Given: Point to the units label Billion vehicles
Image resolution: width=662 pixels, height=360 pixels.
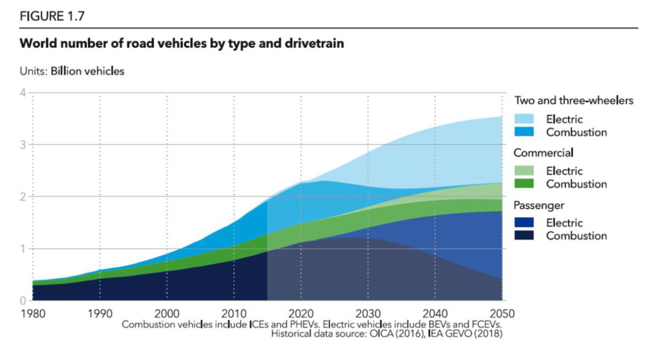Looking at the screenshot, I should tap(88, 71).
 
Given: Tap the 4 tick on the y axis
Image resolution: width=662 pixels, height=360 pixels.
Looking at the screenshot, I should tap(23, 93).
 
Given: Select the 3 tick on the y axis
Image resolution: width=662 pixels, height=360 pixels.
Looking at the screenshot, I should tap(23, 145).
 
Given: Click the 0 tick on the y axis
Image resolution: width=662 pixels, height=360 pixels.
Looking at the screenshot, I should tap(23, 301).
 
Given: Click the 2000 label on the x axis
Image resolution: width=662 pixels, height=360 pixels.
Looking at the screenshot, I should tap(166, 314).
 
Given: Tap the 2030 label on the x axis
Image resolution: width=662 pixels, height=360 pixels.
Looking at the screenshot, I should tap(368, 314).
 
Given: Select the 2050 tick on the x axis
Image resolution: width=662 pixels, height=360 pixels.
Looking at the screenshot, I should tap(502, 314).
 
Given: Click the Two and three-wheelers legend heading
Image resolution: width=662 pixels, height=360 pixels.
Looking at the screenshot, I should tap(573, 100).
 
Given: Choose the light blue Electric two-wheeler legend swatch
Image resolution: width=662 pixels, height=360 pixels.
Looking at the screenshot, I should tap(525, 119).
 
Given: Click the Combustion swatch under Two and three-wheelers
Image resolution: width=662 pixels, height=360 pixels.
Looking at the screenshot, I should tap(525, 132).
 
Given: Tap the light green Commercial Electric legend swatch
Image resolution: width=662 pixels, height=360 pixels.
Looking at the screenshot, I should tap(525, 171).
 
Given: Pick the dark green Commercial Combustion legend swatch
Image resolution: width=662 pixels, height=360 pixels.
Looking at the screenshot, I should tap(525, 184).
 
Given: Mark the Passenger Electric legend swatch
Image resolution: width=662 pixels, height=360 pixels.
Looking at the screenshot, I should tap(525, 223).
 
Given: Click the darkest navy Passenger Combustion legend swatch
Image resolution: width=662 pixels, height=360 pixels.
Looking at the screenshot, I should tap(525, 236).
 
